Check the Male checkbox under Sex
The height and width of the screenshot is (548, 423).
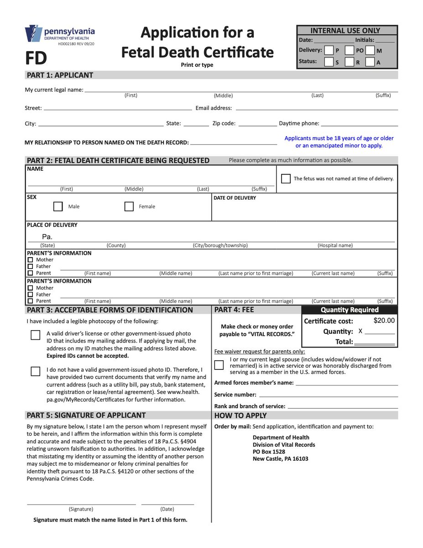click(58, 206)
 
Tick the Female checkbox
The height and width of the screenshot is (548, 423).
click(129, 206)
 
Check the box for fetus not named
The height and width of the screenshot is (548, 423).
click(286, 179)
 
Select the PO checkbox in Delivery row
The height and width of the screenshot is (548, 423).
click(349, 50)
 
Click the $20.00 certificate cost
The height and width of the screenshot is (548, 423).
click(384, 321)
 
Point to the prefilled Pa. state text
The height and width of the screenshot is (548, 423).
click(47, 237)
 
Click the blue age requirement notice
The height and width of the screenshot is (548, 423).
click(339, 142)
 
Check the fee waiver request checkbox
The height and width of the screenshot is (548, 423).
click(219, 365)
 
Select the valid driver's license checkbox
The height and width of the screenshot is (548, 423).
click(36, 335)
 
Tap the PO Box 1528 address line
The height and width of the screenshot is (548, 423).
click(269, 452)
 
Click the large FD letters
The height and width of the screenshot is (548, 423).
click(36, 58)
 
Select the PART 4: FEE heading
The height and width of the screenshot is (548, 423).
click(234, 310)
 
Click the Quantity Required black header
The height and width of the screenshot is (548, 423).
click(350, 310)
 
